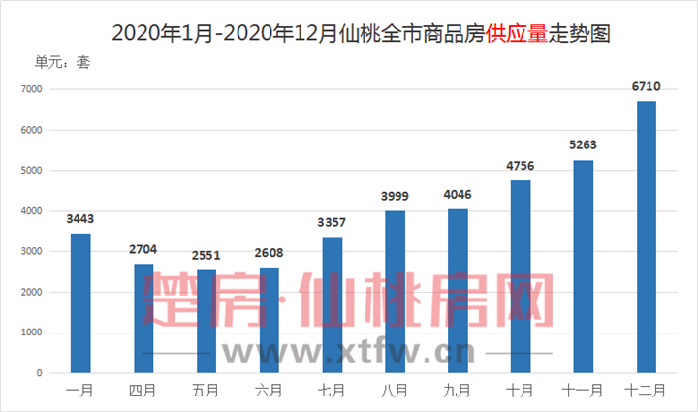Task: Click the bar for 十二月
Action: pyautogui.click(x=647, y=237)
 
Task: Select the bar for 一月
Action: pyautogui.click(x=80, y=302)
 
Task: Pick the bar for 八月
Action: pyautogui.click(x=395, y=291)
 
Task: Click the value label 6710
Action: pyautogui.click(x=646, y=87)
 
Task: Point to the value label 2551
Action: pyautogui.click(x=206, y=257)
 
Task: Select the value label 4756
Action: pyautogui.click(x=521, y=168)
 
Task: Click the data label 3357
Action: pyautogui.click(x=333, y=224)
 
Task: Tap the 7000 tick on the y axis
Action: pyautogui.click(x=33, y=89)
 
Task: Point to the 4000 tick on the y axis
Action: pyautogui.click(x=33, y=210)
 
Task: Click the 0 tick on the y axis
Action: pyautogui.click(x=41, y=373)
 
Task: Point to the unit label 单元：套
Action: pyautogui.click(x=62, y=62)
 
